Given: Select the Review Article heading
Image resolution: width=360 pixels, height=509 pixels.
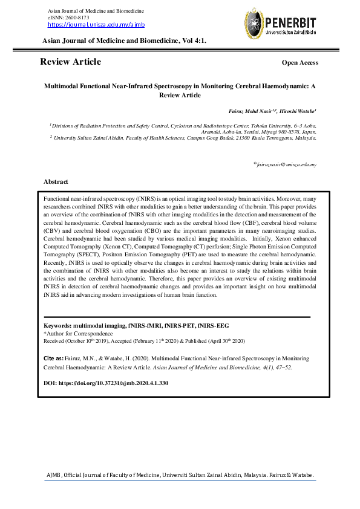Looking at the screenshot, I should tap(71, 62).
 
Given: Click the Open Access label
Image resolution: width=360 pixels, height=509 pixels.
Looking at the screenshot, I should tap(299, 63).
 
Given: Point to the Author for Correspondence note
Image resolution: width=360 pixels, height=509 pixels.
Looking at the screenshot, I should tap(79, 333).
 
